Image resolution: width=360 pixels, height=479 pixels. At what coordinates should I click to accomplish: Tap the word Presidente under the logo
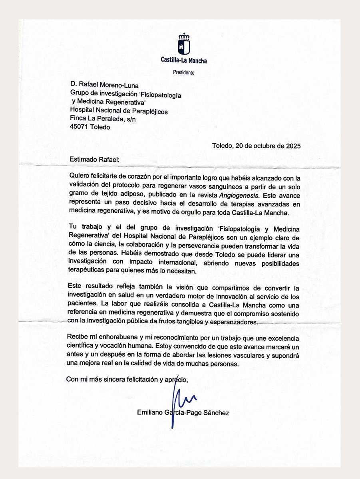[x=184, y=73]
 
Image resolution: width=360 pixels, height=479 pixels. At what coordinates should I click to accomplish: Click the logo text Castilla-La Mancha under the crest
[x=184, y=61]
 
